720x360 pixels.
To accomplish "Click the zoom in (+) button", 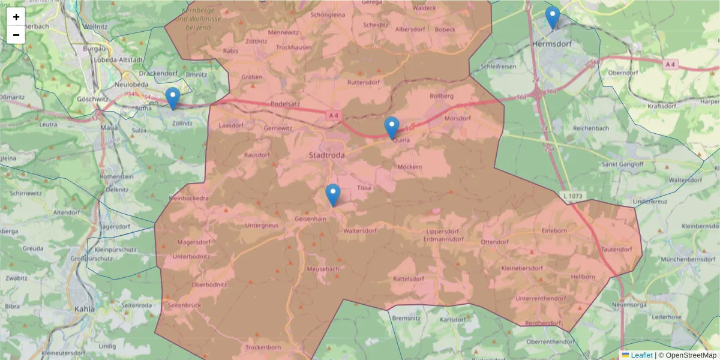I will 16,17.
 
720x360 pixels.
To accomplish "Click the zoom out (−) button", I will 16,35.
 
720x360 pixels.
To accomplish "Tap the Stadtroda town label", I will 326,155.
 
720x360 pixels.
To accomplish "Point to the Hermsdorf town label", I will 551,44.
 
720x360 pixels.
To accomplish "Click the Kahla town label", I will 85,309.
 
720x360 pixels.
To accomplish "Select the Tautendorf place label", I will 616,249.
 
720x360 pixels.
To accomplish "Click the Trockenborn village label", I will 263,347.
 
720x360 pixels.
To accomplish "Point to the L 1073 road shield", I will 573,196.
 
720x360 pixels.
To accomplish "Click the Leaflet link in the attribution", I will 641,355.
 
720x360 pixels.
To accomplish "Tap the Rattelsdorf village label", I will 409,279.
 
